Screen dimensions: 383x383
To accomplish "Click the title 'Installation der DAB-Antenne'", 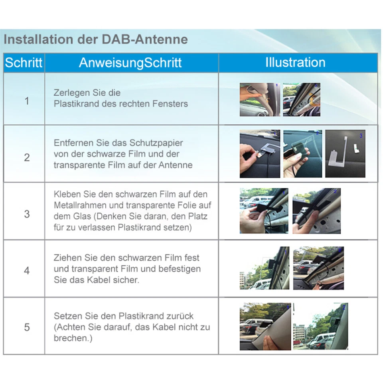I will [x=96, y=40].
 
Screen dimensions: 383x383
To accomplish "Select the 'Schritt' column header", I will [x=24, y=63].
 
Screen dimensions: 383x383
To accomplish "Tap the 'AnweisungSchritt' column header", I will [x=130, y=63].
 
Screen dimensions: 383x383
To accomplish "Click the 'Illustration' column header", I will [x=295, y=62].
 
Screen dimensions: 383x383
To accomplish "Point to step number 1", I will [x=27, y=101].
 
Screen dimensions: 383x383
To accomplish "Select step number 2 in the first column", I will [x=27, y=157].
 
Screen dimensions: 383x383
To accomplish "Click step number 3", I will [x=27, y=214].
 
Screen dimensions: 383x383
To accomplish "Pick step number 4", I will [x=27, y=270].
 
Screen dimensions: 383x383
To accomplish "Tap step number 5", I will [x=27, y=328].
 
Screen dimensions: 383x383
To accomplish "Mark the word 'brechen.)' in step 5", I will [x=70, y=338].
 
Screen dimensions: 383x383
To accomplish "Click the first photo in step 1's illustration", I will [x=260, y=100].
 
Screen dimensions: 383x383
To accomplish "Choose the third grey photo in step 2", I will [x=345, y=154].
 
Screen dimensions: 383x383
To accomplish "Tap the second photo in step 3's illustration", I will [x=316, y=211].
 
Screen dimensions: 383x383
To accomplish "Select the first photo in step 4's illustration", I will [x=264, y=268].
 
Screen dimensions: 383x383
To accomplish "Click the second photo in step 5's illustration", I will [x=320, y=326].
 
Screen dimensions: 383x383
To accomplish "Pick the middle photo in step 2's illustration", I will [x=302, y=154].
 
